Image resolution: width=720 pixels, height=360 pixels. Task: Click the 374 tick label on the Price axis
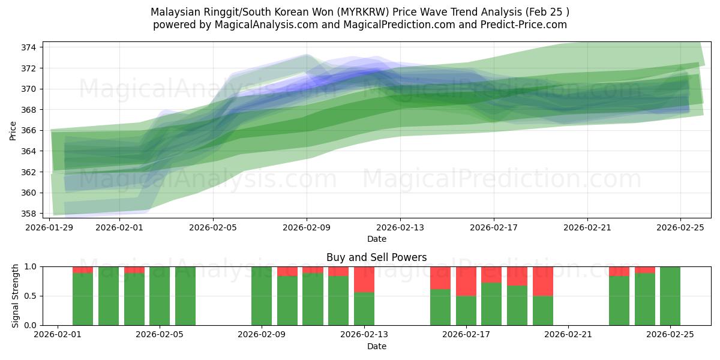pos(29,47)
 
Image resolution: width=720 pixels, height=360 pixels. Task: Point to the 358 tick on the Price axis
pos(29,214)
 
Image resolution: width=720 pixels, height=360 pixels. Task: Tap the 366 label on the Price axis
pos(29,130)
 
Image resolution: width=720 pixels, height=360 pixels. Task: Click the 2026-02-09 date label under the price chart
pos(307,227)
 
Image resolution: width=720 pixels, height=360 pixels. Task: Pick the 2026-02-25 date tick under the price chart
pos(680,227)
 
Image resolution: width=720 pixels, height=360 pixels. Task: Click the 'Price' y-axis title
pos(13,130)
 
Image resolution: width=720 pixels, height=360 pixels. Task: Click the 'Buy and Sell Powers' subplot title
pos(376,257)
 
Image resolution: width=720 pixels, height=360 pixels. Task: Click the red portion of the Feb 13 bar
pos(364,279)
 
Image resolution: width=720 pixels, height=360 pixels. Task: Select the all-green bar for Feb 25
pos(670,296)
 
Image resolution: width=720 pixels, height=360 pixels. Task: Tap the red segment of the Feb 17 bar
pos(466,281)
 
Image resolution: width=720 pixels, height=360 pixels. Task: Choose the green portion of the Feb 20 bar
pos(543,310)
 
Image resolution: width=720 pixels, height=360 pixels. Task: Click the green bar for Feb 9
pos(262,296)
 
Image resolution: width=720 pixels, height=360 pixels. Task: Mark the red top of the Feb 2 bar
pos(83,269)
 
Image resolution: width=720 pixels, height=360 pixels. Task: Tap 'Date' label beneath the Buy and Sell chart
pos(376,346)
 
